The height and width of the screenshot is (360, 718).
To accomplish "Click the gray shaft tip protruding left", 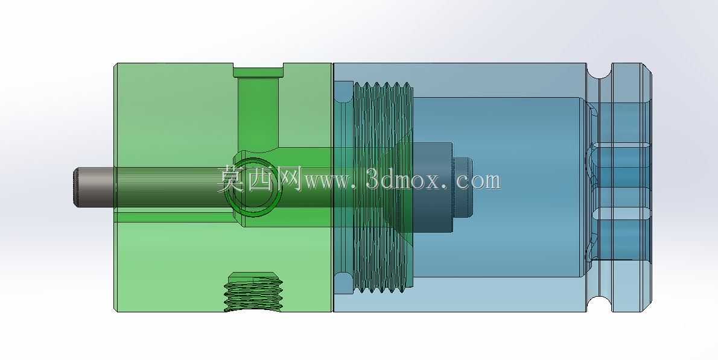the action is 94,187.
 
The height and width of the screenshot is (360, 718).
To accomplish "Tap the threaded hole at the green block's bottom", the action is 253,292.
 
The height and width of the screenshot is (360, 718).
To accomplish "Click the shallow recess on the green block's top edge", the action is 258,71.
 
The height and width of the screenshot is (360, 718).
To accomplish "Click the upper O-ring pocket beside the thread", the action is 343,92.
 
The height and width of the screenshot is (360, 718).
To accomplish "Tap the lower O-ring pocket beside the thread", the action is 343,283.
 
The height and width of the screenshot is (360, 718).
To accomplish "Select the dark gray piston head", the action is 433,188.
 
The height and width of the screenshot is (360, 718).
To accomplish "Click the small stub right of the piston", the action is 463,188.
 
